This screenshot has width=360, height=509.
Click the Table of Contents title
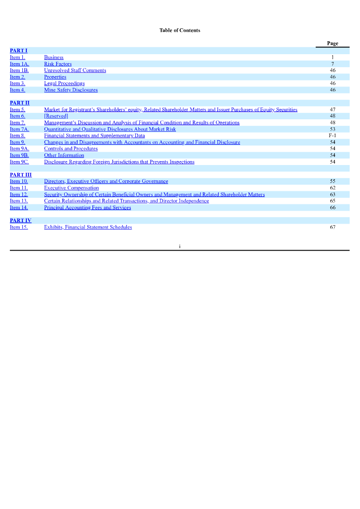click(180, 30)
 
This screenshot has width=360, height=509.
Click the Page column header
click(333, 44)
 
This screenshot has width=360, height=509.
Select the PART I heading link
click(18, 51)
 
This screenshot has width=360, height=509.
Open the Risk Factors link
click(58, 64)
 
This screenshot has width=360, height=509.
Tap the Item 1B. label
click(19, 71)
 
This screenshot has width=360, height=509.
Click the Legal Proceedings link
click(64, 84)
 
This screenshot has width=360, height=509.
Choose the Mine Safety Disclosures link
click(71, 90)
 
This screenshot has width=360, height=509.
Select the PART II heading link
click(19, 103)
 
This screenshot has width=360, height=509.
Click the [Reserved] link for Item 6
click(56, 116)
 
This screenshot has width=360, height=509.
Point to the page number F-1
click(333, 136)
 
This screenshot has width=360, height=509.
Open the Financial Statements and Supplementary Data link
click(94, 136)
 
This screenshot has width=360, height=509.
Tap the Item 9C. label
click(19, 162)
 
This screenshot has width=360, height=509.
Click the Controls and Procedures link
click(71, 149)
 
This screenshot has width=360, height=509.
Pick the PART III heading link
click(20, 175)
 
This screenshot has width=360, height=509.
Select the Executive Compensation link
click(71, 188)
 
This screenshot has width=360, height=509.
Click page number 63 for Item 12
click(333, 194)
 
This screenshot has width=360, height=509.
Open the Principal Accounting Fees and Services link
click(88, 208)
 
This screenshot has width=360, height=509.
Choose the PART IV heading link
click(20, 221)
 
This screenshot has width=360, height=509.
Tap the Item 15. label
click(19, 227)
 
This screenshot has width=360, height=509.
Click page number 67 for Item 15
click(333, 227)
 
